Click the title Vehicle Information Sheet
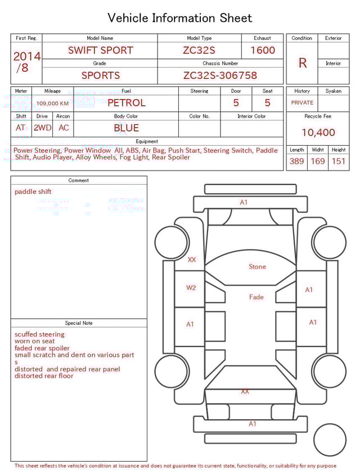point(180,18)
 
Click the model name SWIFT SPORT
point(100,50)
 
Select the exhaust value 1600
point(263,50)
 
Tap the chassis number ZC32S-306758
point(220,75)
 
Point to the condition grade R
point(303,63)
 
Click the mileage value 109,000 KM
point(53,104)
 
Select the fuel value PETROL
point(126,103)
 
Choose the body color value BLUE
point(126,128)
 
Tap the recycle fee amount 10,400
point(318,133)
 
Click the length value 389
point(296,162)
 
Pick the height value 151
point(338,162)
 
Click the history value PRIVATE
point(302,103)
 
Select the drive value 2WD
point(42,128)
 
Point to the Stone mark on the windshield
point(257,267)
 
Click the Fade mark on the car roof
point(256,297)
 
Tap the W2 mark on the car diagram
point(191,288)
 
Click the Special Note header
point(79,323)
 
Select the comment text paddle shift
point(33,192)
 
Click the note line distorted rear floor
point(44,376)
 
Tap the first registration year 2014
point(26,57)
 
